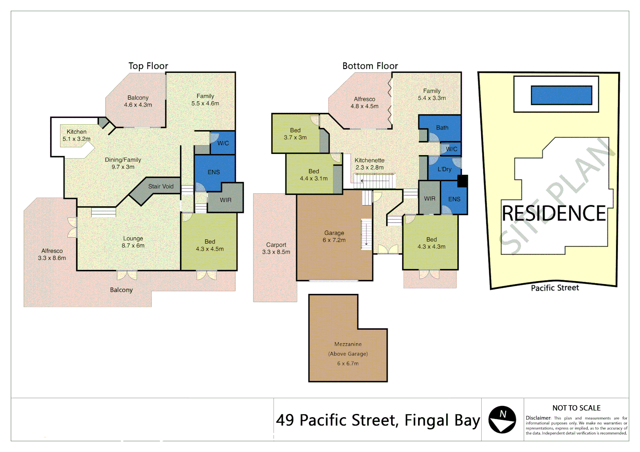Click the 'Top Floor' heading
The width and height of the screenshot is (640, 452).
tap(148, 66)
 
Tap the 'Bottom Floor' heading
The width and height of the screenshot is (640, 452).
tap(370, 66)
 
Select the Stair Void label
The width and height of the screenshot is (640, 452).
tap(160, 187)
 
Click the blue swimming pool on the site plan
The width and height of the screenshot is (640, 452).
tap(561, 95)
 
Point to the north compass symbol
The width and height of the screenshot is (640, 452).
tap(502, 419)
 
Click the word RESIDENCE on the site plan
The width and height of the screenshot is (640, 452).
tap(554, 213)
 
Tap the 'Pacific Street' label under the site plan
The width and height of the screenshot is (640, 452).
tap(555, 288)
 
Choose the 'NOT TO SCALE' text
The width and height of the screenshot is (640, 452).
tap(576, 408)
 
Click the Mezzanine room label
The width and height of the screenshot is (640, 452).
tap(348, 344)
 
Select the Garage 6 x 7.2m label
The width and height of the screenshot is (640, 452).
tap(334, 236)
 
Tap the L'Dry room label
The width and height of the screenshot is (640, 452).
tap(444, 169)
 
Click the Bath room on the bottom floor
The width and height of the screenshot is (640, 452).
tap(442, 128)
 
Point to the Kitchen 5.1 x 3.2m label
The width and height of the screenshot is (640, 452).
tap(77, 135)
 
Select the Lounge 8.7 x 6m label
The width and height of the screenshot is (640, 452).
tap(133, 242)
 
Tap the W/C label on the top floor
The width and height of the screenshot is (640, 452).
tap(223, 143)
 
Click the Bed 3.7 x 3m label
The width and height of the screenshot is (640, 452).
tap(295, 134)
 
